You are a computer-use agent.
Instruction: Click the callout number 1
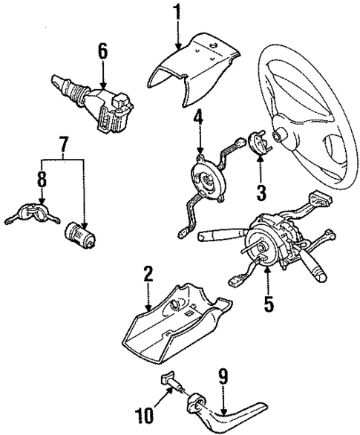(x=177, y=12)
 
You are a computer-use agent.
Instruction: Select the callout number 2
(x=148, y=275)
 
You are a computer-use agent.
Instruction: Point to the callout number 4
(x=198, y=117)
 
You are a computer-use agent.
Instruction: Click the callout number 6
(x=102, y=50)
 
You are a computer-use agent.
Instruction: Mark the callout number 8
(x=42, y=179)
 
